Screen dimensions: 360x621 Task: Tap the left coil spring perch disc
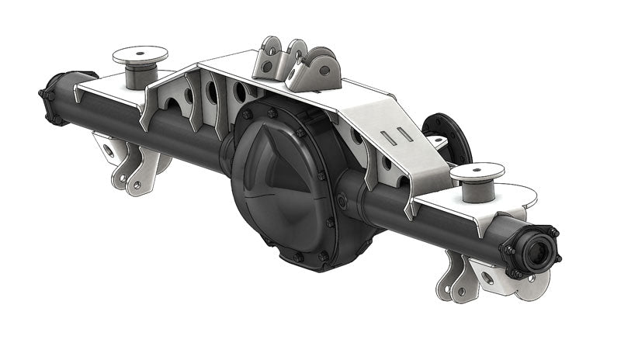pyautogui.click(x=140, y=55)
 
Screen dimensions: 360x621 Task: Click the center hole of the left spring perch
pyautogui.click(x=141, y=53)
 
